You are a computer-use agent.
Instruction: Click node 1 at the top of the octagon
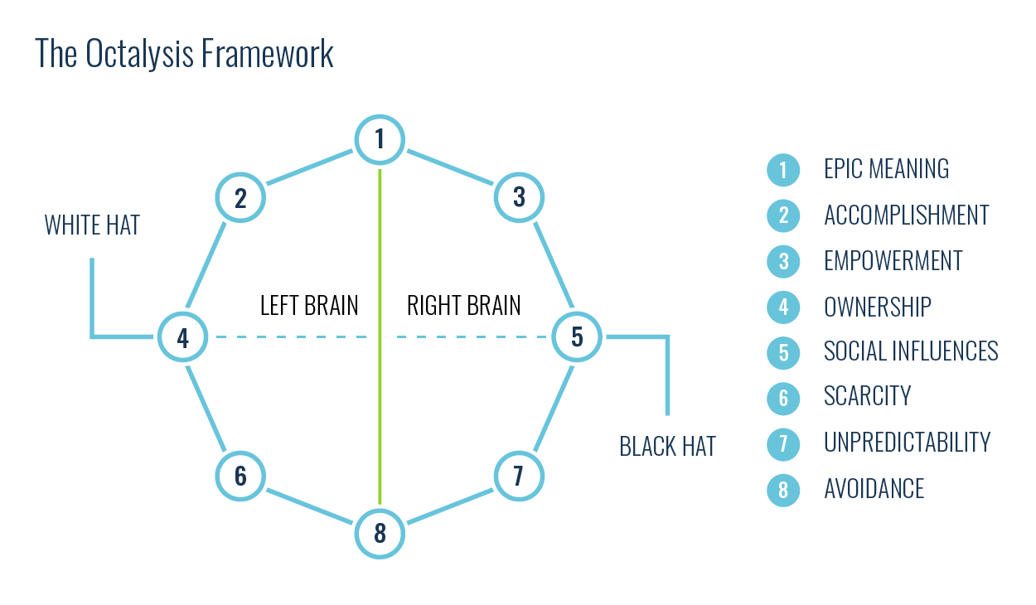380,139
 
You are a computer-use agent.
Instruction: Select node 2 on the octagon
240,198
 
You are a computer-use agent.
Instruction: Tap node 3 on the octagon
519,197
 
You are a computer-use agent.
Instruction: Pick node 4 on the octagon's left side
182,337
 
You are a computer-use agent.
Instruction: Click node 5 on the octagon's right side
577,336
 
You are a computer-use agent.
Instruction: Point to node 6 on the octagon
240,477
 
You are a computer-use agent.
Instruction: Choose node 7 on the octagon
519,477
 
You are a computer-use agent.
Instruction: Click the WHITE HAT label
92,225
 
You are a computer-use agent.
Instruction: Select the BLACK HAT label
667,447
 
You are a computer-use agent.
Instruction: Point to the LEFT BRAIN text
309,305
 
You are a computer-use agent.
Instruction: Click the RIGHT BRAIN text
463,305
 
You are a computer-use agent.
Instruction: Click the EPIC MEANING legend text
886,169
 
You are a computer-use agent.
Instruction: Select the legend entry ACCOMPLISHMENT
906,215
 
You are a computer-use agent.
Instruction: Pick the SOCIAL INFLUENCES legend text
910,351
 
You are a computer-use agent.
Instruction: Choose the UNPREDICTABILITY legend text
907,443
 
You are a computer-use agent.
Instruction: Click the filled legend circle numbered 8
783,490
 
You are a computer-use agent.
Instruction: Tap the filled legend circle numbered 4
783,307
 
